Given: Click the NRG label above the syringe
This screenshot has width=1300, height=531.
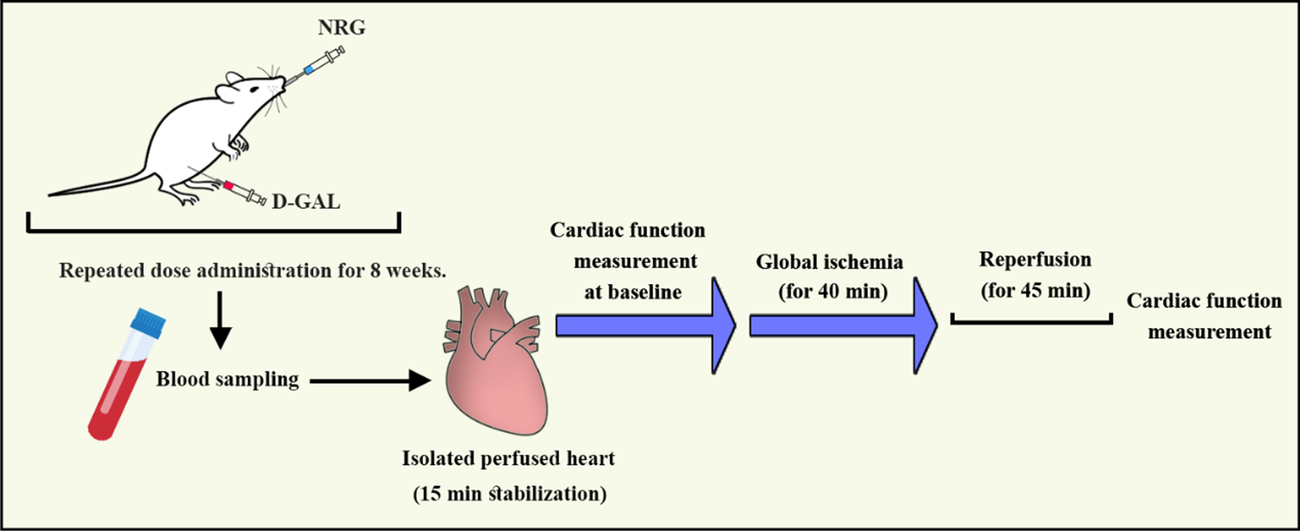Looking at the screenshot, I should (x=341, y=28).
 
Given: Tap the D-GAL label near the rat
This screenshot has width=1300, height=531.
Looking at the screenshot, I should (x=306, y=202).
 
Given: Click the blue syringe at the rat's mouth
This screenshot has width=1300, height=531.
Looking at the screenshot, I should (x=318, y=63).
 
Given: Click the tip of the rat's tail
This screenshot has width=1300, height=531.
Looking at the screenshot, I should (x=51, y=194).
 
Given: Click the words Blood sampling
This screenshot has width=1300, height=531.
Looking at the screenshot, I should (x=227, y=379).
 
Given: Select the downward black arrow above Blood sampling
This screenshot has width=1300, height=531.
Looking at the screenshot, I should (x=220, y=320).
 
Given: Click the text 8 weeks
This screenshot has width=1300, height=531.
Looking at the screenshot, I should (x=407, y=271).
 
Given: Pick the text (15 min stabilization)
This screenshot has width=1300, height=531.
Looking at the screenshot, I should (x=509, y=494).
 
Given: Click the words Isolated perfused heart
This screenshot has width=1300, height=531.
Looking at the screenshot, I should (x=508, y=459).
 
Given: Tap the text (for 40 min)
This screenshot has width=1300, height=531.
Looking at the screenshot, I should (x=833, y=291).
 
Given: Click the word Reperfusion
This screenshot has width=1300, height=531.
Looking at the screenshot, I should (x=1035, y=259).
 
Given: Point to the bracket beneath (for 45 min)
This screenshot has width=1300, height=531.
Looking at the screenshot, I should (x=1031, y=320).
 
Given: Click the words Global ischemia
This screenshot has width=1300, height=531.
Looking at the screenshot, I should (x=829, y=262).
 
